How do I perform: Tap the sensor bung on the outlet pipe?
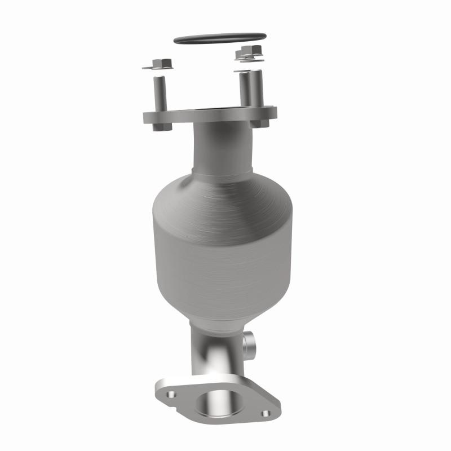coord(249,342)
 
